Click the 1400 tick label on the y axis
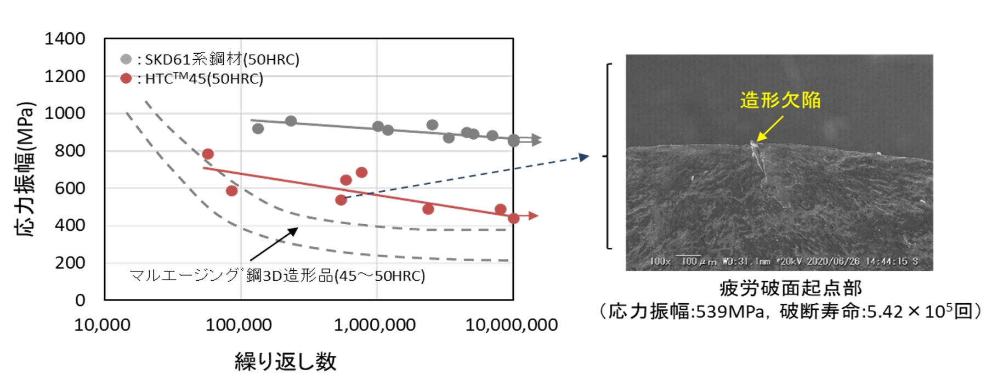(65, 39)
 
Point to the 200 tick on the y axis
(70, 263)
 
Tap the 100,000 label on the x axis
(239, 325)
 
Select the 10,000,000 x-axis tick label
(511, 325)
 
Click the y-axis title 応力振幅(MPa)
(25, 169)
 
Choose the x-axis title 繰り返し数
(285, 361)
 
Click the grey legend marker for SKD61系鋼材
(126, 59)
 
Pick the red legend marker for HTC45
(126, 78)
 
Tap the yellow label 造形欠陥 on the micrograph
(780, 100)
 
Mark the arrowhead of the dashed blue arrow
(585, 157)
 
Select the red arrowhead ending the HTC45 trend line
(534, 216)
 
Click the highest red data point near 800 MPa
(207, 154)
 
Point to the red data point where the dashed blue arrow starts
(341, 200)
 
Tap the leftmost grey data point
(258, 129)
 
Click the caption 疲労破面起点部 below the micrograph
(790, 288)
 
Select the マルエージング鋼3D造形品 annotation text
(277, 275)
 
